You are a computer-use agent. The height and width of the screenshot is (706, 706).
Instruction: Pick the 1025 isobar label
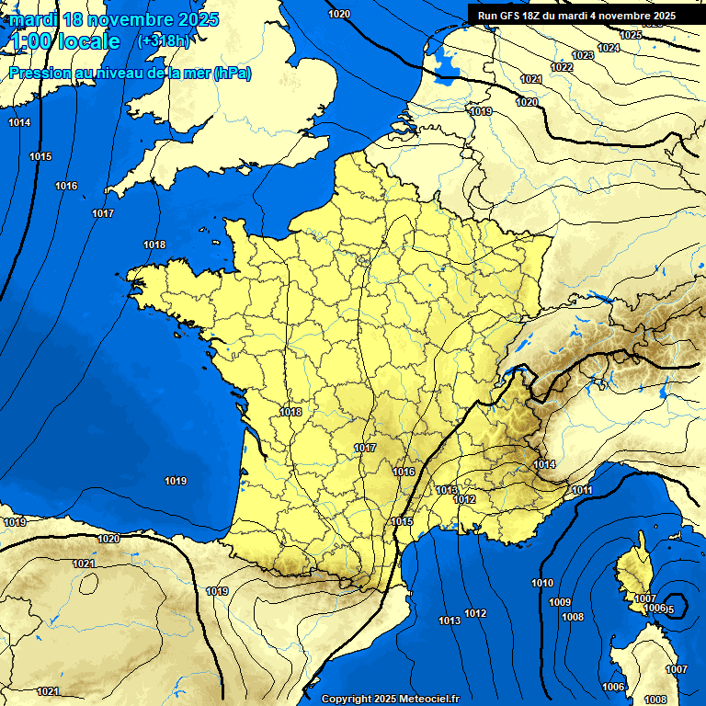click(x=631, y=35)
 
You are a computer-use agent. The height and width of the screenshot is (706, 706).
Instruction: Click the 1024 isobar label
click(x=608, y=48)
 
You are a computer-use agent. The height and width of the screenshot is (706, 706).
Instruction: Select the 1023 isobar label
click(x=582, y=56)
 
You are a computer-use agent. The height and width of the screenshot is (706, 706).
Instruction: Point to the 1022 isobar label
click(x=561, y=68)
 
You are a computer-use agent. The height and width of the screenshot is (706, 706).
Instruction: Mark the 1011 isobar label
click(x=581, y=491)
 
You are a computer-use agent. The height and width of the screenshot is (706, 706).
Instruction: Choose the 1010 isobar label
click(x=542, y=584)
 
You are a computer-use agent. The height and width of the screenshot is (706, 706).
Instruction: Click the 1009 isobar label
click(x=560, y=602)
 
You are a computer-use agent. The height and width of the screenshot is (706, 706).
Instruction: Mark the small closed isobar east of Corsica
click(x=676, y=609)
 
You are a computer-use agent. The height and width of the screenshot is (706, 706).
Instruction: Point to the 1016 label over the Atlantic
click(x=66, y=187)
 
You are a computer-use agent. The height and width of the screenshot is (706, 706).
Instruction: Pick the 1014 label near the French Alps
click(x=544, y=465)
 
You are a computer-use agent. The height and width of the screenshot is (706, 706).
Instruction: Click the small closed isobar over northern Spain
click(x=88, y=581)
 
